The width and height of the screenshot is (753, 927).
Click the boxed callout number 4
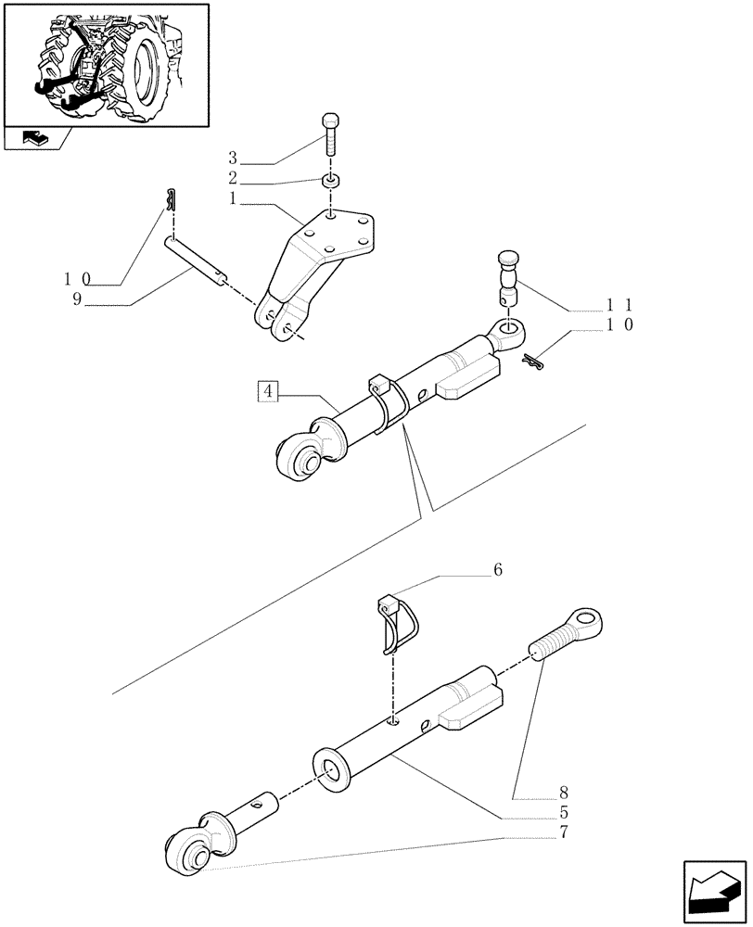(267, 391)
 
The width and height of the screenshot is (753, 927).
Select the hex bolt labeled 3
(331, 136)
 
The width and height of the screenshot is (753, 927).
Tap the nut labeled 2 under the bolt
(331, 179)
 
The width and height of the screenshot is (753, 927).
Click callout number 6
(498, 571)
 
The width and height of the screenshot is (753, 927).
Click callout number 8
(563, 794)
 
